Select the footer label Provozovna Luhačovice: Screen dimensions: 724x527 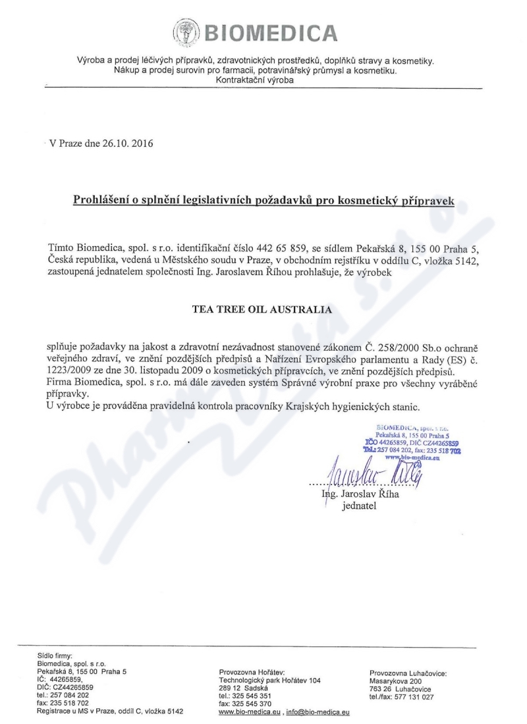408,673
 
